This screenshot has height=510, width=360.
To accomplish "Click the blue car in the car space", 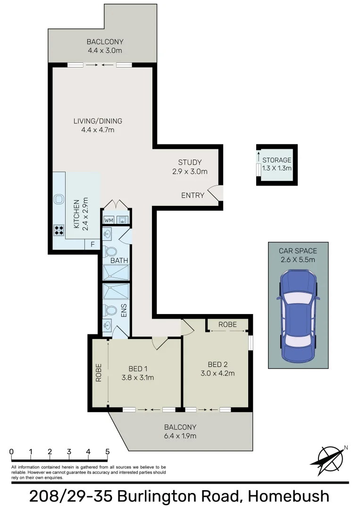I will (298, 315).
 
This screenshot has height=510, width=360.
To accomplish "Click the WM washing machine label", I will (109, 220).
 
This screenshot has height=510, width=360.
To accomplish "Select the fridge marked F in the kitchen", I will (92, 245).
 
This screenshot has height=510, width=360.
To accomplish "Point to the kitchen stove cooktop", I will (59, 230).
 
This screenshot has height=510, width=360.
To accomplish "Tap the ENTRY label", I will (193, 195).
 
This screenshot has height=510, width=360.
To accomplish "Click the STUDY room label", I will (190, 162).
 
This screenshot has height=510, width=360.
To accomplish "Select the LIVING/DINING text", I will (98, 121).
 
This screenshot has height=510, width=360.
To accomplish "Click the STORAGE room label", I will (276, 160).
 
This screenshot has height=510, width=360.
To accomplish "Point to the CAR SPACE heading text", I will (298, 251).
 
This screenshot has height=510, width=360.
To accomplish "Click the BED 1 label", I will (138, 368).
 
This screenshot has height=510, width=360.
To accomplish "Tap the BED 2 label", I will (218, 364).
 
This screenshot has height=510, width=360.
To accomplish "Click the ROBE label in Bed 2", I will (228, 325).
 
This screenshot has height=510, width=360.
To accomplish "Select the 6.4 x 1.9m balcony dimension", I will (181, 435).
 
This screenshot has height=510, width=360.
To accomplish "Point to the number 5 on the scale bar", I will (108, 451).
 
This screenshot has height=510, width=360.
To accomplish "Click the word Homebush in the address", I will (289, 496).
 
